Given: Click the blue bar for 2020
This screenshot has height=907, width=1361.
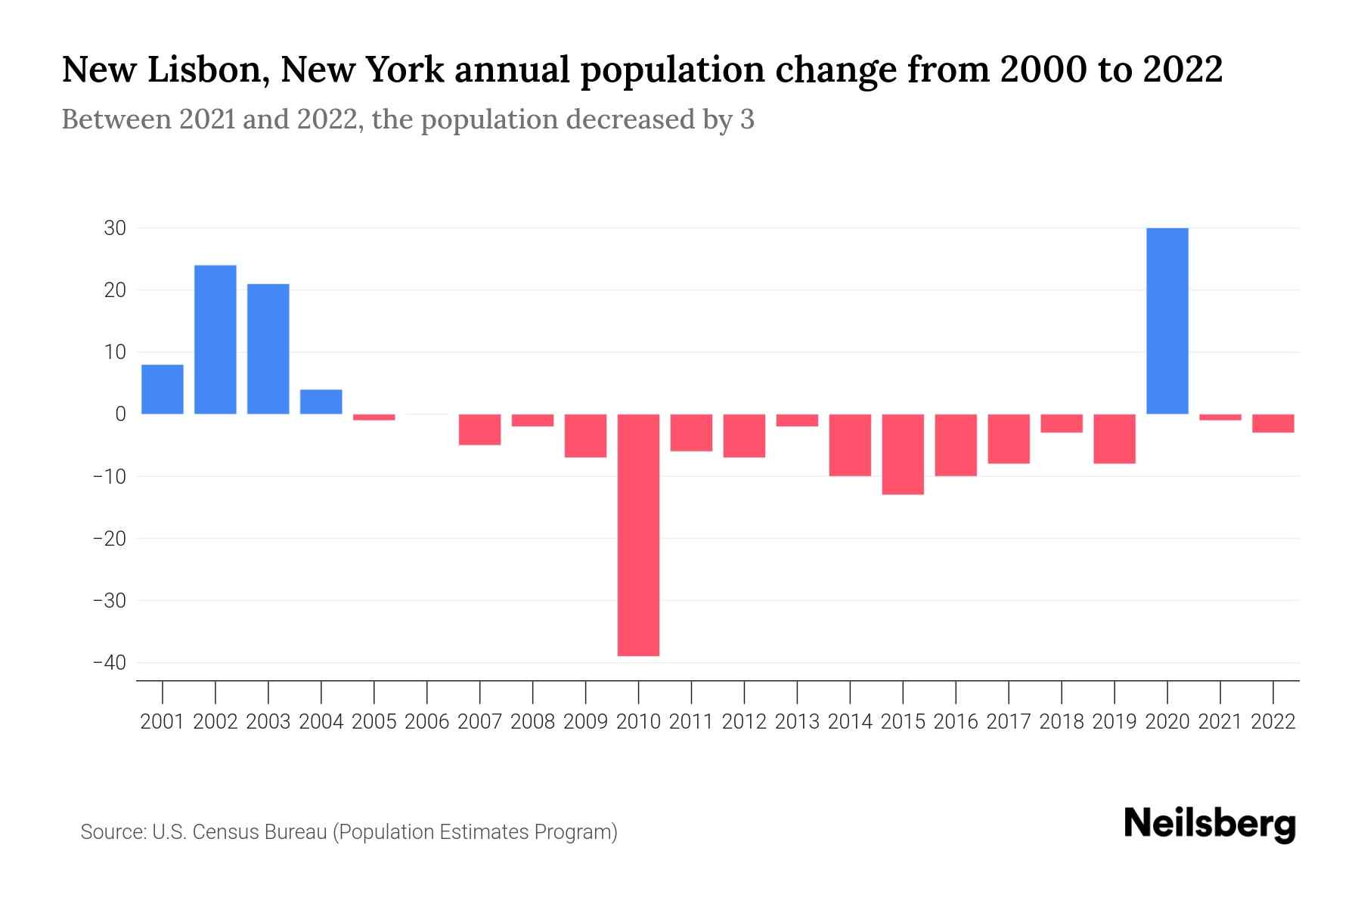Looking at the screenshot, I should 1167,320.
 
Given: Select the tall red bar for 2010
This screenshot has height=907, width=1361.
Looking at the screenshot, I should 638,534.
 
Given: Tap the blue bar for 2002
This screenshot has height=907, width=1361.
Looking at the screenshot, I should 215,339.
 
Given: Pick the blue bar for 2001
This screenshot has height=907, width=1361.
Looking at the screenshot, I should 163,389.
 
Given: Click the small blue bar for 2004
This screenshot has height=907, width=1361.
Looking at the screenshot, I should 321,401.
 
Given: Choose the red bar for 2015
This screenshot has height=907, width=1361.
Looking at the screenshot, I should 903,454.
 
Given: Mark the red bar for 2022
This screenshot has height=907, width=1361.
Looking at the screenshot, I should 1273,423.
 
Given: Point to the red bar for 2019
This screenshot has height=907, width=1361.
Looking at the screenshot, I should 1115,438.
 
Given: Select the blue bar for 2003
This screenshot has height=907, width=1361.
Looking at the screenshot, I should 268,348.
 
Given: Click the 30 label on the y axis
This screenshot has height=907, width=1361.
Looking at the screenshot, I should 115,228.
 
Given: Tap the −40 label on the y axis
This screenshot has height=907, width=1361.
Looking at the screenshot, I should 109,663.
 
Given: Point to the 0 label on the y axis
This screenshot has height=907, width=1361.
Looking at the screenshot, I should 120,414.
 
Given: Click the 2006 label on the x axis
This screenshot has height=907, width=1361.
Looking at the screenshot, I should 427,722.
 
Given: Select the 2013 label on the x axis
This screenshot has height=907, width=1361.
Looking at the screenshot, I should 797,722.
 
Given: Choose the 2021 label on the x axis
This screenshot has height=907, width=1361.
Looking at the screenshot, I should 1220,722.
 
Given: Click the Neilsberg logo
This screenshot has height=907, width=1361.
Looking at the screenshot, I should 1210,825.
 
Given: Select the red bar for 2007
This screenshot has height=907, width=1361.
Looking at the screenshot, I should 480,429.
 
